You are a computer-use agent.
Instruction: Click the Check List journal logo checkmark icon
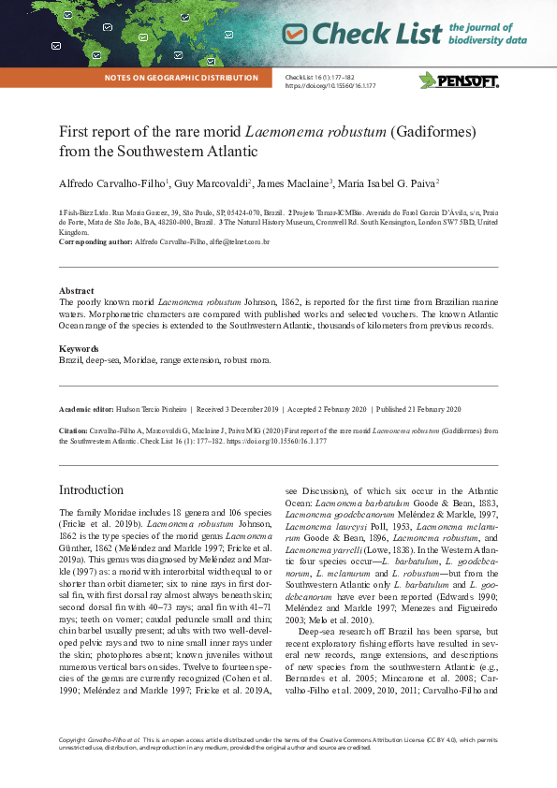[295, 35]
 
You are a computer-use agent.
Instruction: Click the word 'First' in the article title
[75, 131]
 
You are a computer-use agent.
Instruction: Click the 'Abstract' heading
[77, 291]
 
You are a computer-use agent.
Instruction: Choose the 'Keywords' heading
[80, 348]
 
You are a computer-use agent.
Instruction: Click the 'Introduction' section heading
[91, 490]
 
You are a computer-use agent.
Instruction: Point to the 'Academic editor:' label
[85, 410]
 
